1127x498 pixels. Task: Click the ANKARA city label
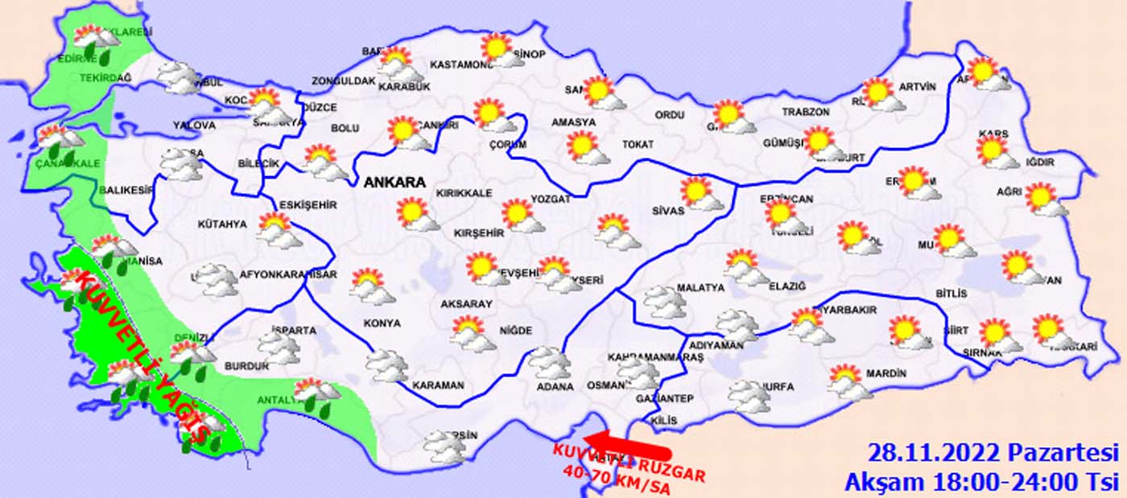tap(394, 183)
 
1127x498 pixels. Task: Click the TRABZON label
tap(805, 113)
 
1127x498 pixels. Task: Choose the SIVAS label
tap(667, 211)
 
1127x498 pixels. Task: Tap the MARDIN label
tap(886, 374)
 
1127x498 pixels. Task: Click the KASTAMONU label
tap(460, 64)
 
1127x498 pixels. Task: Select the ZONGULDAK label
tap(344, 81)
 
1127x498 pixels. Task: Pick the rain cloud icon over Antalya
tap(318, 394)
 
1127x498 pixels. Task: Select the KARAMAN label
tap(438, 385)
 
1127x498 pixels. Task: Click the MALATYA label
tap(700, 287)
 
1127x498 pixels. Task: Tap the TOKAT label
tap(638, 145)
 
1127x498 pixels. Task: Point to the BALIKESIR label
tap(126, 191)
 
